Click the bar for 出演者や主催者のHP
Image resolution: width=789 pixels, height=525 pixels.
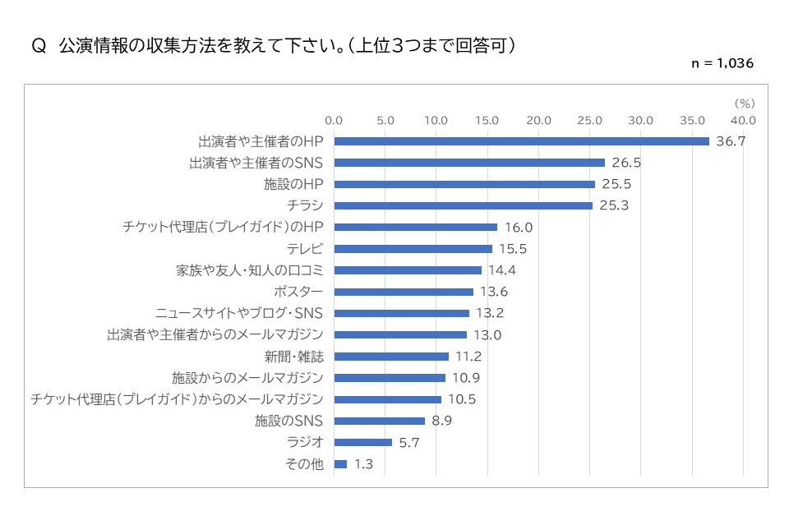[x=521, y=141]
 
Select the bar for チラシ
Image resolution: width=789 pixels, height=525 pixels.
[x=463, y=205]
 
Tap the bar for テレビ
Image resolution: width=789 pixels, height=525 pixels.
[x=413, y=249]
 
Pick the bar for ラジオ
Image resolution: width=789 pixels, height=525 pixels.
[x=362, y=442]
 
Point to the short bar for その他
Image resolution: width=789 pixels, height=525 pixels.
[x=340, y=464]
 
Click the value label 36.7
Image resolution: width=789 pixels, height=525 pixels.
[x=731, y=141]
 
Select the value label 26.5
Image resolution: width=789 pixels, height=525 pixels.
[x=626, y=163]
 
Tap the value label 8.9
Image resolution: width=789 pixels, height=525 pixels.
[x=442, y=421]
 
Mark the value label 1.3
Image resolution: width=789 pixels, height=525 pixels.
[x=363, y=464]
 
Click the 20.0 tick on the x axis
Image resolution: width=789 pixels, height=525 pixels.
[x=538, y=121]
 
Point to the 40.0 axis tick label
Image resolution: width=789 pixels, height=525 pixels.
[x=743, y=121]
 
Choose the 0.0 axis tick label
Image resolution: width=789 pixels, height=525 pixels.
[x=334, y=121]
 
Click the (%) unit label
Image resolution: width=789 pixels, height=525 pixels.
[x=743, y=104]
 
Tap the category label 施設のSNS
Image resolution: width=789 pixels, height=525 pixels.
[x=289, y=421]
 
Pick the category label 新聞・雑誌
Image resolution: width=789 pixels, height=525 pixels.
[x=293, y=357]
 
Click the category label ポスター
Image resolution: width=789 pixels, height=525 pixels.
[x=298, y=292]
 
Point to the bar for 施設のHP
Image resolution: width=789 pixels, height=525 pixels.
[x=464, y=184]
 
